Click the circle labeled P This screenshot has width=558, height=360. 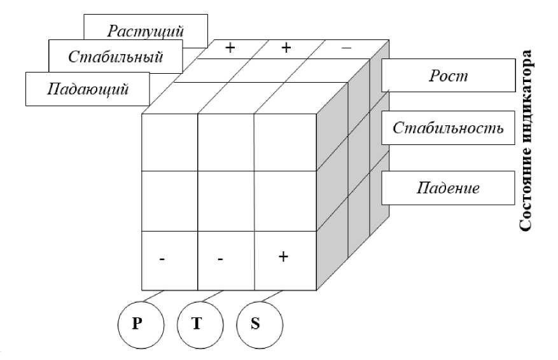point(141,323)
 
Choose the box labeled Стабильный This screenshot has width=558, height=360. point(115,56)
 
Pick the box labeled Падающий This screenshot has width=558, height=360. point(88,88)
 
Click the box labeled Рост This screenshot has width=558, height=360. point(447,76)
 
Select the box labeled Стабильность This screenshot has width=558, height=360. point(447,128)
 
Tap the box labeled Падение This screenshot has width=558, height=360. point(447,188)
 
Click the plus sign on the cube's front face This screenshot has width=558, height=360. point(284,257)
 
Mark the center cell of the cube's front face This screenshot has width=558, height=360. point(226,201)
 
